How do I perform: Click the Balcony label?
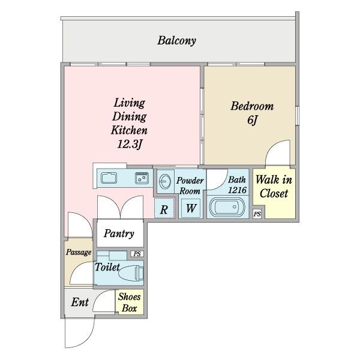[176, 41]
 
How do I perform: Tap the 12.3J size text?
[130, 145]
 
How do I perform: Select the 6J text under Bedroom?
[253, 119]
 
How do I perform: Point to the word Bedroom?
[252, 106]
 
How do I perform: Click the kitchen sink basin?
[109, 178]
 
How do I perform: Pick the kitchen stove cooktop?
[142, 178]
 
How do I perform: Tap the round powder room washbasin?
[165, 182]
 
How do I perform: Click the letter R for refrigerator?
[164, 209]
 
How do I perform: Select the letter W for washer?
[191, 208]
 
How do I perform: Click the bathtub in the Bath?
[227, 207]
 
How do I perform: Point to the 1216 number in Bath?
[238, 190]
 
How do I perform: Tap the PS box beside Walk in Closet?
[257, 214]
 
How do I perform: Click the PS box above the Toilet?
[137, 254]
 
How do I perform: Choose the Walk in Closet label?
[274, 187]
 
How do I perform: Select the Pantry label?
[119, 234]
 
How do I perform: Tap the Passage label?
[79, 253]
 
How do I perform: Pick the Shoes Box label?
[129, 302]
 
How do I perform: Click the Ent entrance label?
[80, 302]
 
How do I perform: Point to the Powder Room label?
[190, 186]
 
